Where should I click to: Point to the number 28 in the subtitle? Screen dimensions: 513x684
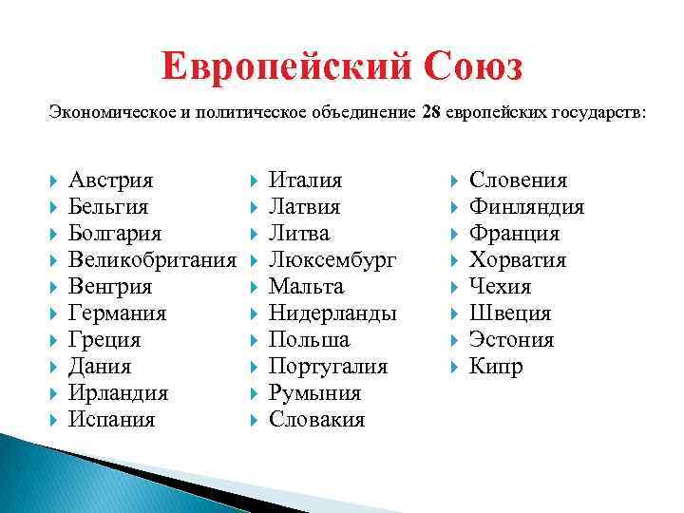pos(429,113)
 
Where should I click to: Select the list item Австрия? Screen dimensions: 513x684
pos(111,180)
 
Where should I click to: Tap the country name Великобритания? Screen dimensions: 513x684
pos(152,260)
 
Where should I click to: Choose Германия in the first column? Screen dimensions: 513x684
pos(118,313)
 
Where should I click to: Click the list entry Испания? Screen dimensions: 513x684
pos(112,420)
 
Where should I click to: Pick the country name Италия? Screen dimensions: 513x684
pos(306,180)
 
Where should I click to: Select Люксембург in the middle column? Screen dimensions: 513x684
pos(332,260)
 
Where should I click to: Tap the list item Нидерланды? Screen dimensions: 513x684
pos(332,313)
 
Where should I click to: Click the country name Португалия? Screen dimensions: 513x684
pos(329,367)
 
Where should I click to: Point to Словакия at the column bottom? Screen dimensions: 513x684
pos(316,420)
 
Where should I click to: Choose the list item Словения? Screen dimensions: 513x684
pos(519,180)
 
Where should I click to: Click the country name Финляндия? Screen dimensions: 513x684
pos(527,207)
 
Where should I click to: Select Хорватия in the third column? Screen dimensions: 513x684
pos(518,260)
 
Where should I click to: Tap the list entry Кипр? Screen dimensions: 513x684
pos(496,367)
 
